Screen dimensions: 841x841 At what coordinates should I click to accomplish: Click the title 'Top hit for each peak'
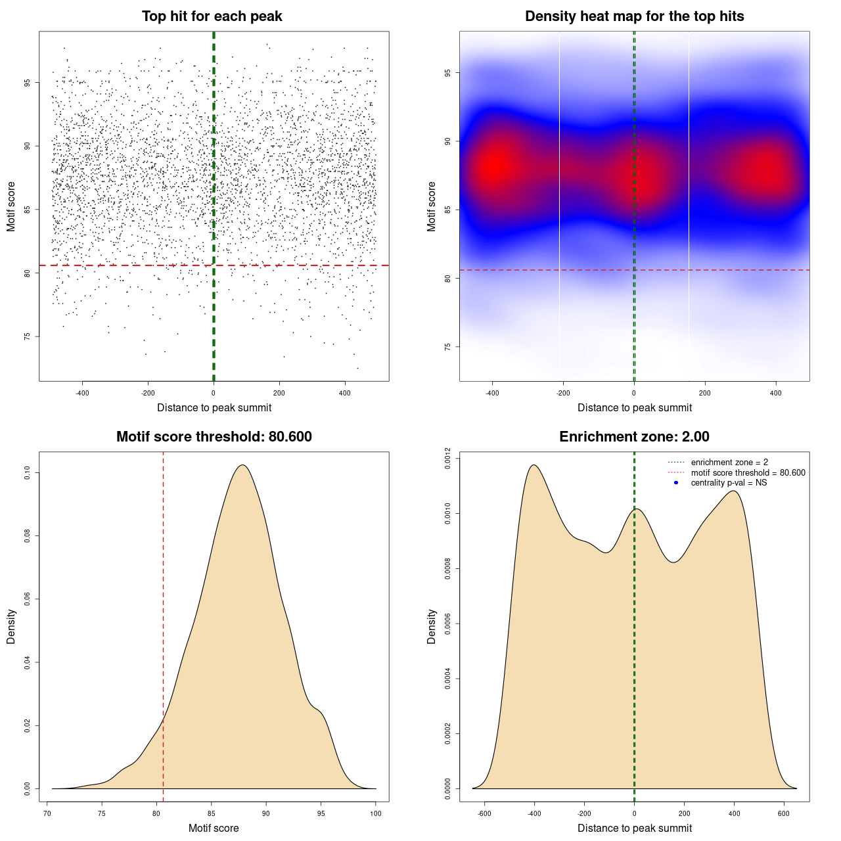(212, 16)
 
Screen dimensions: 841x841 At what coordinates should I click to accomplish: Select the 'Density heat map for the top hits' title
(634, 16)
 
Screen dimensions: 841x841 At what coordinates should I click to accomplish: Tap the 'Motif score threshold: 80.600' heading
(214, 437)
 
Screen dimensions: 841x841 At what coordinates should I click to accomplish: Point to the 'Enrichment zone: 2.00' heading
(634, 437)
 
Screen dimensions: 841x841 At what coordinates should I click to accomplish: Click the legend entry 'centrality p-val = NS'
(729, 483)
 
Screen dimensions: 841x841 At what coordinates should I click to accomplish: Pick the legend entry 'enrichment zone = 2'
(729, 463)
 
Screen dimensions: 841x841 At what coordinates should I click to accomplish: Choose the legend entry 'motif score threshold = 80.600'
(748, 473)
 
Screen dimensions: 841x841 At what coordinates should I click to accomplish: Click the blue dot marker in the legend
(676, 483)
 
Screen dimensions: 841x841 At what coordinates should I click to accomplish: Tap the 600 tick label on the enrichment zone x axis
(784, 813)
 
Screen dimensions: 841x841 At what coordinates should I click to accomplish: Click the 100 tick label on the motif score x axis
(375, 813)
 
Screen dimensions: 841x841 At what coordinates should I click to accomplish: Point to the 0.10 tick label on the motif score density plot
(28, 473)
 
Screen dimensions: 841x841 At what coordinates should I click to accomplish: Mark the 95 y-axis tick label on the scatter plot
(28, 82)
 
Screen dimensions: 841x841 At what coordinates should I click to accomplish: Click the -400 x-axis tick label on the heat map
(492, 393)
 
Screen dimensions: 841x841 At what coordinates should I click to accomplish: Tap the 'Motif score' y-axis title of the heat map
(432, 206)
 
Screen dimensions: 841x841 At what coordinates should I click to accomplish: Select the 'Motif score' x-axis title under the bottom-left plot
(214, 828)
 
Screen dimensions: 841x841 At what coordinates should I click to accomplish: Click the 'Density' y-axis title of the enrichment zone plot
(432, 626)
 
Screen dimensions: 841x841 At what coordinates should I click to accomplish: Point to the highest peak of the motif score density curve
(243, 465)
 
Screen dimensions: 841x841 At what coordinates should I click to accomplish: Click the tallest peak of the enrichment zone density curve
(534, 465)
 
